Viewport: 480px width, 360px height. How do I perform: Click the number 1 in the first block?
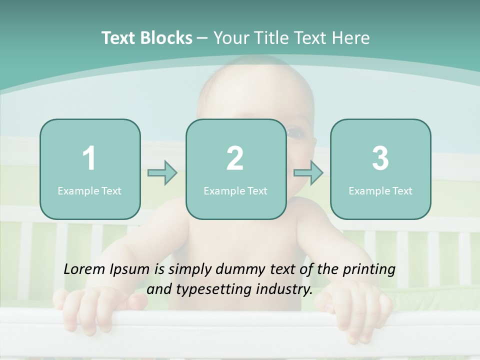(89, 158)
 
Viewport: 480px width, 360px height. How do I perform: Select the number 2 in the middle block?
(235, 158)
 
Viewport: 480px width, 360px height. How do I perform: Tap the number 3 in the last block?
(380, 158)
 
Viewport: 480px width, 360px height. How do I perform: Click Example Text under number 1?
(89, 190)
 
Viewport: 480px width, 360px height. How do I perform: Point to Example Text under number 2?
(235, 190)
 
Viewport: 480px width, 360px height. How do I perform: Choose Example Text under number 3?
(380, 190)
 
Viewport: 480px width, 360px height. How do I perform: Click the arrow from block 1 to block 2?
(162, 173)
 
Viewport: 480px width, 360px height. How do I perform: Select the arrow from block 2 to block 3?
(308, 173)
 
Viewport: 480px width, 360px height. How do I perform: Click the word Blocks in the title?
(167, 38)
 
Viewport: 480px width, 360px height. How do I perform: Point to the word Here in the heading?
(350, 38)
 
